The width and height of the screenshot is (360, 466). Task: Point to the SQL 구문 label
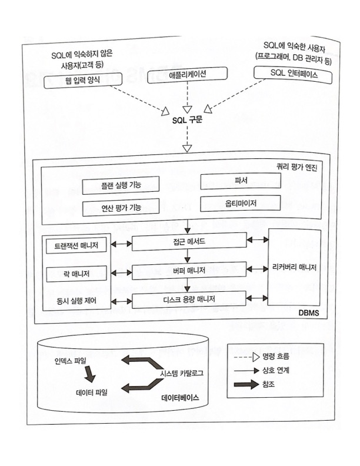tap(186, 120)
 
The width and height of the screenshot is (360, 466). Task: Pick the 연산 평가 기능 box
tap(121, 207)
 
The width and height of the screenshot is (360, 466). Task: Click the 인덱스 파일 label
tap(70, 358)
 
